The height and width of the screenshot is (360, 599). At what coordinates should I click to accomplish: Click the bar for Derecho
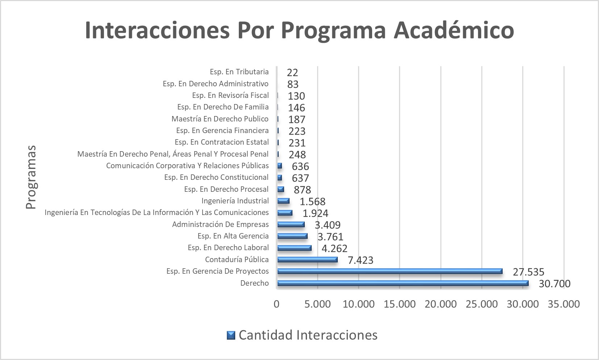click(402, 283)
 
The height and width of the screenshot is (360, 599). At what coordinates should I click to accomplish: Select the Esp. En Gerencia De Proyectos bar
click(390, 271)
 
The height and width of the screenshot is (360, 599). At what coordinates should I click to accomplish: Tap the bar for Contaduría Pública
click(307, 260)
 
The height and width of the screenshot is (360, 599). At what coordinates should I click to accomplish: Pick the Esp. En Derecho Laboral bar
click(294, 248)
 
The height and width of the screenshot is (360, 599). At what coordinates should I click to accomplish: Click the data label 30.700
click(554, 284)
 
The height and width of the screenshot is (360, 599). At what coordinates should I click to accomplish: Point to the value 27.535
click(528, 272)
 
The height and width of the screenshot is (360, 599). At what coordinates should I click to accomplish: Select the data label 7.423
click(360, 260)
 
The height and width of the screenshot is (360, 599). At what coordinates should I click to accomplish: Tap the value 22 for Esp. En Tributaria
click(292, 73)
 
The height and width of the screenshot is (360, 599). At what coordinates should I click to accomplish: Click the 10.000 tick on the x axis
click(358, 304)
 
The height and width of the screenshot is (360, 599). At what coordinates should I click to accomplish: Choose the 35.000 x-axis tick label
click(564, 304)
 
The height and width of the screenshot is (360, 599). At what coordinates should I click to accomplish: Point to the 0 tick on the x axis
click(276, 304)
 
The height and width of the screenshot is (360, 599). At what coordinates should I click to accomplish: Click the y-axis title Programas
click(31, 177)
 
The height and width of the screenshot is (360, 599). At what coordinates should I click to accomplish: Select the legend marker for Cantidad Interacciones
click(231, 335)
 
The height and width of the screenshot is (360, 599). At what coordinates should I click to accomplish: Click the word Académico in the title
click(454, 30)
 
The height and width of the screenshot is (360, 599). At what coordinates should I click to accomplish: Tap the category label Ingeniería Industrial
click(235, 201)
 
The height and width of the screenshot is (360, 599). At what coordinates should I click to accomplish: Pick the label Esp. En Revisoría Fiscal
click(230, 95)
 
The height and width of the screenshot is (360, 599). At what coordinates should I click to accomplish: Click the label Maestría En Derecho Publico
click(220, 119)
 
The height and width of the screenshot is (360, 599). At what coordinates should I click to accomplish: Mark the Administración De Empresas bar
click(291, 224)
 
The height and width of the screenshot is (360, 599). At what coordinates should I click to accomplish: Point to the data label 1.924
click(315, 213)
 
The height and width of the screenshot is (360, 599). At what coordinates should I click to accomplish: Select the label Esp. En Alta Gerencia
click(233, 236)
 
